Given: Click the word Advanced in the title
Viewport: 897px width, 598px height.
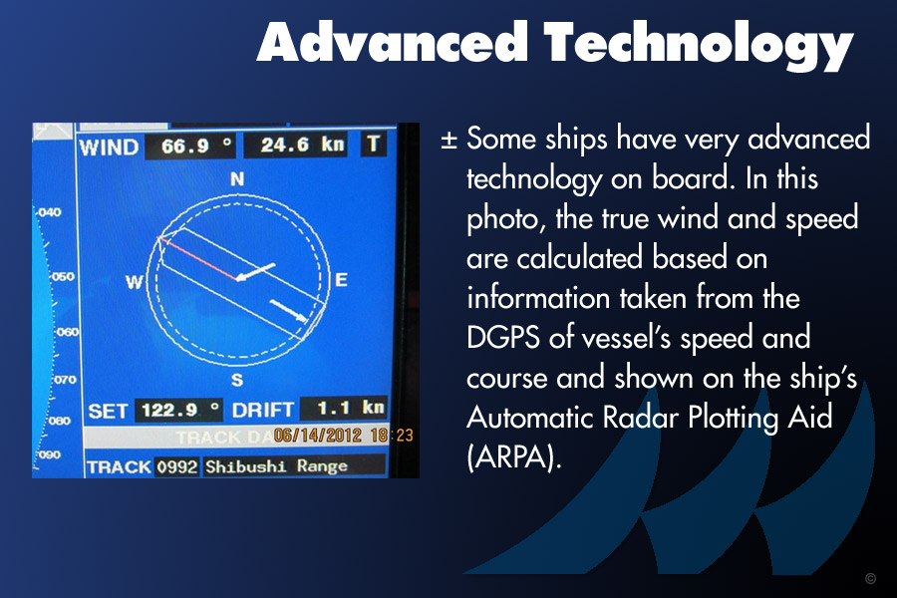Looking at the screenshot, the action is tap(392, 41).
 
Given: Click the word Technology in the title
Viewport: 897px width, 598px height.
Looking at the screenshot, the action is tap(699, 46).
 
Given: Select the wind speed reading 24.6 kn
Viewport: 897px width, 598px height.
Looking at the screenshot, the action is tap(303, 145).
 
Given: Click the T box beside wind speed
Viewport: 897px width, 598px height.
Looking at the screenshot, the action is tap(373, 144).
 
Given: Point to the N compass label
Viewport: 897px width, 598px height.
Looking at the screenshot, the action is tap(237, 179).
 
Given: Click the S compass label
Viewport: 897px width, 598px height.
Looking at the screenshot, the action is tap(237, 380).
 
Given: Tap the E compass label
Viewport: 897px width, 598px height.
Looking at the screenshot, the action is tap(341, 279).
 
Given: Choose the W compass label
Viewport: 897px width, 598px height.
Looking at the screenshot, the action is tap(134, 281).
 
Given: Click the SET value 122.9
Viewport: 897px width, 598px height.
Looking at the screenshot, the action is tap(169, 410).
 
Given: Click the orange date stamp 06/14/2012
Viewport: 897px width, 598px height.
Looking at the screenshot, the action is tap(318, 436).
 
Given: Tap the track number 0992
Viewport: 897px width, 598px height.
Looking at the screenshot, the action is tap(177, 467).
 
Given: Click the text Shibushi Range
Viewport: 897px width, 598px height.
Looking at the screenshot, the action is tap(276, 466).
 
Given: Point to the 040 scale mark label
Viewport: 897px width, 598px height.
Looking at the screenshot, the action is tap(50, 212).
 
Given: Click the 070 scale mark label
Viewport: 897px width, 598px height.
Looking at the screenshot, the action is tap(65, 380).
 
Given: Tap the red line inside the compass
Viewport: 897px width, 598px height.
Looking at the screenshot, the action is tap(198, 259).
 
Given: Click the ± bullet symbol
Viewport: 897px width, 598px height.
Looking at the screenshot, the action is tap(449, 140).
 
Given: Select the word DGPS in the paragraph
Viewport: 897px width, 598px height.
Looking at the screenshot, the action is tap(503, 337).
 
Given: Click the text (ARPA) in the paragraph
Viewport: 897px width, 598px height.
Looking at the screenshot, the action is tap(514, 456).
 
